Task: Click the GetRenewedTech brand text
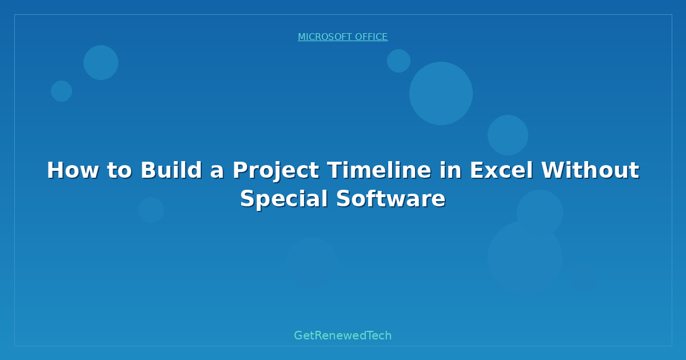click(342, 335)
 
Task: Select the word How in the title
click(73, 170)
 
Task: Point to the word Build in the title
click(171, 170)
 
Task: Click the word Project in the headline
click(276, 171)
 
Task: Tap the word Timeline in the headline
click(380, 170)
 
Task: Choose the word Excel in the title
click(501, 170)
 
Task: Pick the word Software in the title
click(391, 198)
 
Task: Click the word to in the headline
click(119, 170)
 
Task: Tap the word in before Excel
click(451, 170)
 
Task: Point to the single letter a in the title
click(217, 172)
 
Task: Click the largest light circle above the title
click(441, 93)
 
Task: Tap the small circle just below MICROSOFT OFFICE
click(399, 61)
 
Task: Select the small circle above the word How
click(62, 91)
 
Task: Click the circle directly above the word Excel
click(508, 135)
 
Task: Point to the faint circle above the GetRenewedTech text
click(312, 263)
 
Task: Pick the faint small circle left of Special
click(151, 210)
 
